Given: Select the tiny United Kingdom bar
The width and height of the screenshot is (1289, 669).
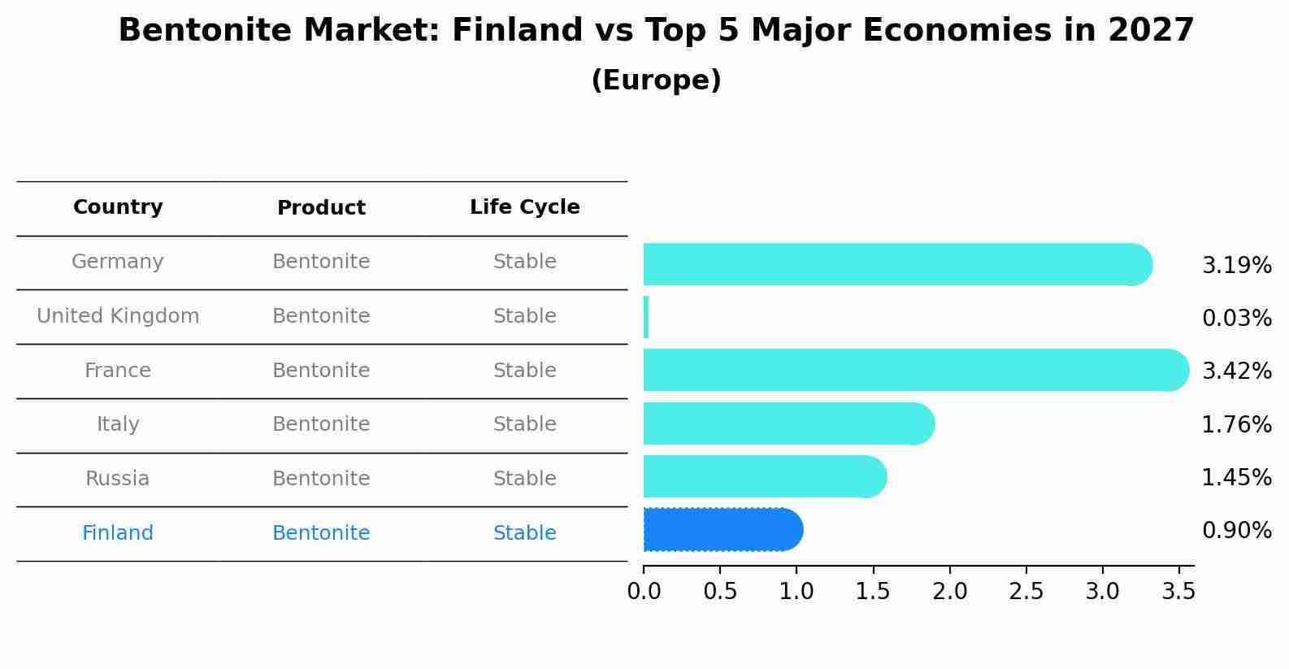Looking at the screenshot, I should coord(646,317).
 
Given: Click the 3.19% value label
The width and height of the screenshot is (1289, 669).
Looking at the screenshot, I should coord(1236,266).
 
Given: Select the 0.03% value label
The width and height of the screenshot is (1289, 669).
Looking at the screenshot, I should coord(1236,319).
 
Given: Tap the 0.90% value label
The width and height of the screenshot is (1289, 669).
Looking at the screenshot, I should coord(1236,531).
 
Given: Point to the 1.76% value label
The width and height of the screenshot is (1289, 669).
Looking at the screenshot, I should coord(1236,424).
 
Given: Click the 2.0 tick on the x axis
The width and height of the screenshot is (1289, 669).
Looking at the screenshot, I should coord(950,592).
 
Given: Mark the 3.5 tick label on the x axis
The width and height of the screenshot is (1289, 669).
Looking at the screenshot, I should coord(1178,592).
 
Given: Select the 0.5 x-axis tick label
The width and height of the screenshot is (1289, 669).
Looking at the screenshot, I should coord(720,592).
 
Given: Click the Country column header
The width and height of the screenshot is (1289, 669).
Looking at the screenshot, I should coord(118,207).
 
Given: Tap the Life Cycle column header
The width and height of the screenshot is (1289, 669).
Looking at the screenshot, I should coord(525,207).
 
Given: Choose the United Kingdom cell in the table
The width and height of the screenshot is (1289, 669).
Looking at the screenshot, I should coord(118,316).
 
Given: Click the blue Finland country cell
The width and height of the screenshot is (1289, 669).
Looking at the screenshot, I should coord(118,533).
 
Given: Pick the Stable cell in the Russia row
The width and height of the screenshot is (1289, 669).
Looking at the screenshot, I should coord(525,479).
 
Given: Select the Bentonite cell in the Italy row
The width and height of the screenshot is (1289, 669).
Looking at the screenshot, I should coord(321,424).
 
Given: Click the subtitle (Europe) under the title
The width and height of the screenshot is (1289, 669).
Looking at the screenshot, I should coord(656,80).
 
